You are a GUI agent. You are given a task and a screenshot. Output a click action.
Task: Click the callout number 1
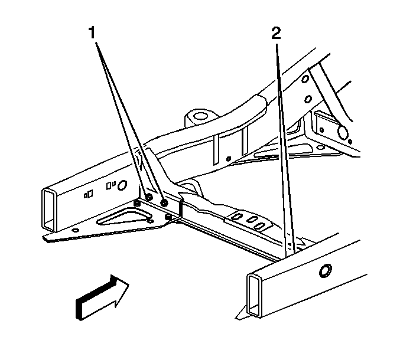[x=92, y=33]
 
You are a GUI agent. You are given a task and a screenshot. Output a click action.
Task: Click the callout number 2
[x=276, y=33]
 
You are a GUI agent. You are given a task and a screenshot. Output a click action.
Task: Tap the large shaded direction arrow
[x=102, y=297]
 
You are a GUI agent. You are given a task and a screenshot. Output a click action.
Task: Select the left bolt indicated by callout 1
[x=149, y=197]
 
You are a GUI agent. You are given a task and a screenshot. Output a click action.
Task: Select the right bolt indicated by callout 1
[x=164, y=202]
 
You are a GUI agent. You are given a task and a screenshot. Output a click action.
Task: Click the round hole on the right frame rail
[x=326, y=271]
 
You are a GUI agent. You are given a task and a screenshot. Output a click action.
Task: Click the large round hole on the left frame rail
[x=122, y=185]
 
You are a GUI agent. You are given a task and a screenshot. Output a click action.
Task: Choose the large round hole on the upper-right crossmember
[x=342, y=132]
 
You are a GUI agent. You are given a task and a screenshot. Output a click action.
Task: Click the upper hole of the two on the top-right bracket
[x=305, y=79]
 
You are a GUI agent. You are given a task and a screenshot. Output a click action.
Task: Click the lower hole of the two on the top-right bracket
[x=308, y=99]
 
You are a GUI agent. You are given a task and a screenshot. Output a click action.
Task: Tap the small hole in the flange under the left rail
[x=76, y=231]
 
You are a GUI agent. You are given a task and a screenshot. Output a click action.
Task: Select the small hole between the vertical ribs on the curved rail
[x=229, y=159]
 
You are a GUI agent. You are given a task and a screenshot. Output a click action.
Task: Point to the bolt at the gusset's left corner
[x=137, y=203]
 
